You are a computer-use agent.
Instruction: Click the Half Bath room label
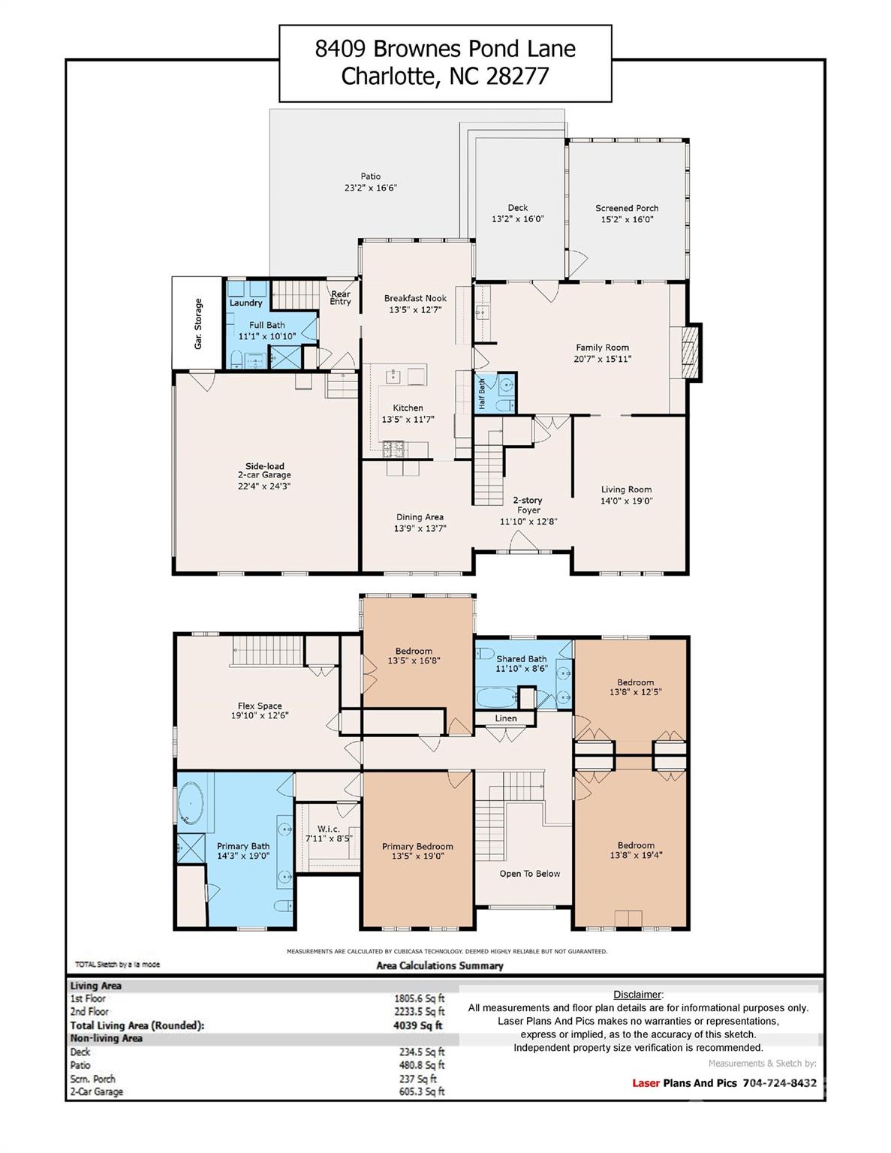click(x=482, y=393)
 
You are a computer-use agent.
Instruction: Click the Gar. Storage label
click(x=198, y=324)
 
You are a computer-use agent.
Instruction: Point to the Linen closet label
click(x=505, y=718)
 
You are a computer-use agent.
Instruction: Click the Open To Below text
click(x=529, y=873)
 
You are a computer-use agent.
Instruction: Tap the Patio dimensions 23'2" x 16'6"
click(x=371, y=188)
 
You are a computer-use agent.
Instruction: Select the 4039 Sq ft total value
click(x=418, y=1025)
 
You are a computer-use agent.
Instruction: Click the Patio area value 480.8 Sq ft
click(x=422, y=1065)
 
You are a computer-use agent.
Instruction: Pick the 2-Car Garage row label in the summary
click(x=97, y=1091)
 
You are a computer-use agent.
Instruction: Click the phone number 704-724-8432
click(x=779, y=1083)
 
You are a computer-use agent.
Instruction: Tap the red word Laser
click(x=646, y=1083)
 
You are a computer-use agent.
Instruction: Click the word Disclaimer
click(x=637, y=995)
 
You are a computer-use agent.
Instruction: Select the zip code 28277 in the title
click(x=516, y=77)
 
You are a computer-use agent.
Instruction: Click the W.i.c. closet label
click(x=328, y=829)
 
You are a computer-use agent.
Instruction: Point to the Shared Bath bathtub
click(x=496, y=698)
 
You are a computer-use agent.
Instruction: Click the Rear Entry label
click(x=341, y=298)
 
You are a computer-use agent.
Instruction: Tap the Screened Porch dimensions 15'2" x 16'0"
click(x=627, y=219)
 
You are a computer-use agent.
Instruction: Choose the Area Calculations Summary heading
click(x=440, y=965)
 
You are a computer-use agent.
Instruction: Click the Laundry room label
click(x=245, y=303)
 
